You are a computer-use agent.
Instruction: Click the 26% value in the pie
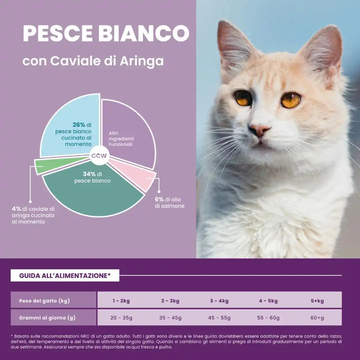click(79, 125)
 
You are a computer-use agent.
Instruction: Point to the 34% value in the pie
click(89, 174)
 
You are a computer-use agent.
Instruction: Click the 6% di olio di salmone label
click(169, 203)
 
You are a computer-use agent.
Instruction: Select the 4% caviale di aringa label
click(33, 215)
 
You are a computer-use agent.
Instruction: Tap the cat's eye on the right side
click(291, 100)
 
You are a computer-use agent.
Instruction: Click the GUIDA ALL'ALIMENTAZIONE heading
click(65, 275)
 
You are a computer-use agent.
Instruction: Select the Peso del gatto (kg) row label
click(44, 301)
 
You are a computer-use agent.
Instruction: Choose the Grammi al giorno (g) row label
click(47, 318)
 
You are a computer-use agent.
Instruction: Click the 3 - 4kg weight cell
click(219, 301)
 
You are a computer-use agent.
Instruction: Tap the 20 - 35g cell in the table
click(121, 318)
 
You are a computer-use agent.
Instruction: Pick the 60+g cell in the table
click(317, 318)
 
